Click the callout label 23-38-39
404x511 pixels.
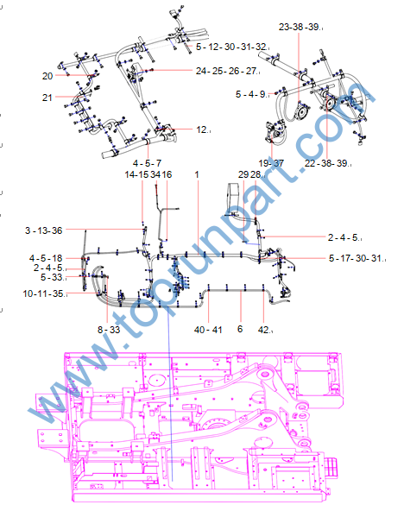pos(299,27)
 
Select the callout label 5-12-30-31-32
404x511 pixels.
pos(231,47)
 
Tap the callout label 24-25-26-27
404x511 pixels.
pos(226,71)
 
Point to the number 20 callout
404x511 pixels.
pos(47,76)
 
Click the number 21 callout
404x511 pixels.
pos(47,98)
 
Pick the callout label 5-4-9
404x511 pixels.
pos(250,94)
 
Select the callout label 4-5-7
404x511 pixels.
pos(148,163)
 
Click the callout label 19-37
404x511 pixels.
pos(271,163)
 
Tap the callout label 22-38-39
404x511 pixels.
pos(326,163)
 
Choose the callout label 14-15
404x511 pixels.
pos(136,174)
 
